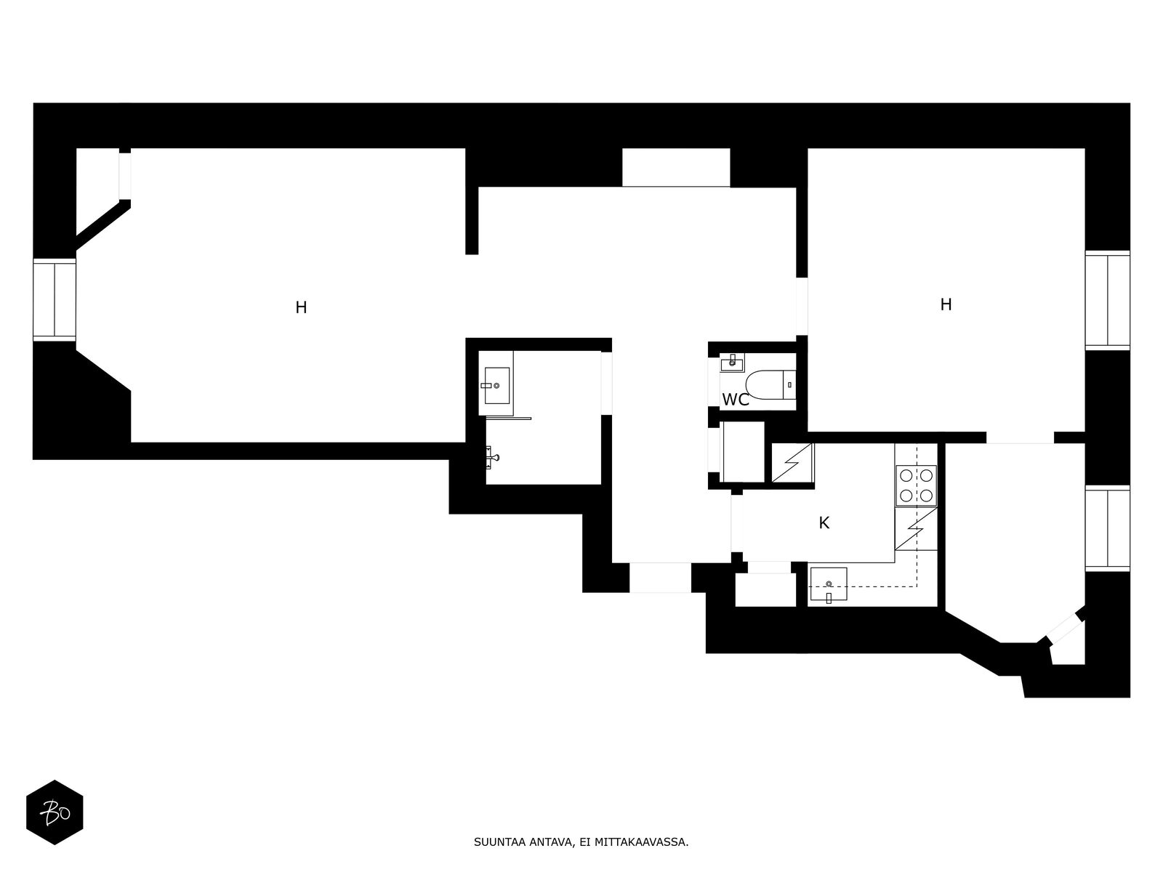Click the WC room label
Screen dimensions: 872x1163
[x=735, y=400]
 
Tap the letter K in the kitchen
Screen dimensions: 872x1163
[x=824, y=522]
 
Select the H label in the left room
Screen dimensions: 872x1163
[x=301, y=307]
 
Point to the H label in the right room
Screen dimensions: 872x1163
[x=946, y=304]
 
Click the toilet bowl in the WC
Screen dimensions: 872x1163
[x=763, y=384]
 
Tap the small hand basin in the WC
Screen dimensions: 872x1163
[x=731, y=361]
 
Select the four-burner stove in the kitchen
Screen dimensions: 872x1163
[x=916, y=485]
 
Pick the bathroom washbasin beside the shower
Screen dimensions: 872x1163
[x=496, y=385]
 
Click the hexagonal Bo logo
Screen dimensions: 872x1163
[x=55, y=812]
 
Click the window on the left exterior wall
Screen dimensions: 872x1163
[x=55, y=299]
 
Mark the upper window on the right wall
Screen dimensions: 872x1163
[x=1107, y=299]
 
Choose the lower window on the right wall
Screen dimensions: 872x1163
[x=1107, y=528]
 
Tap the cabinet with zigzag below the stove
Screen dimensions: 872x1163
[x=915, y=529]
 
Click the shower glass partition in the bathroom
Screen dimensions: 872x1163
[x=508, y=419]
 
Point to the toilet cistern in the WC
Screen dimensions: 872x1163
[x=789, y=384]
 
